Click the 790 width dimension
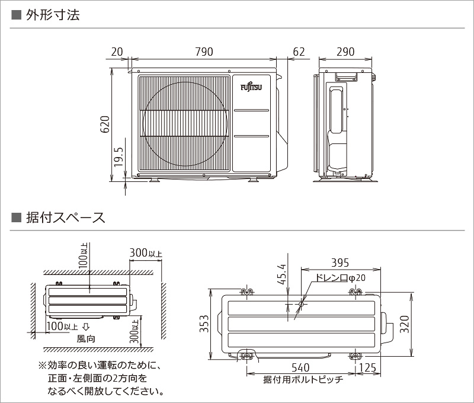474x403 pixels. pyautogui.click(x=204, y=52)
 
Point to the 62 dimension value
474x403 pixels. pyautogui.click(x=299, y=52)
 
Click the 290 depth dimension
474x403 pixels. pyautogui.click(x=345, y=52)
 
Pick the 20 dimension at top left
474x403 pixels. pyautogui.click(x=117, y=52)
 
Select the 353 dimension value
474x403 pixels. pyautogui.click(x=203, y=324)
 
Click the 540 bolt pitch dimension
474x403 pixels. pyautogui.click(x=300, y=368)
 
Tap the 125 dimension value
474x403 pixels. pyautogui.click(x=367, y=368)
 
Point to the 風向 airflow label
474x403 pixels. pyautogui.click(x=86, y=339)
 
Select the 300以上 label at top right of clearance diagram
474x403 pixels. pyautogui.click(x=146, y=253)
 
